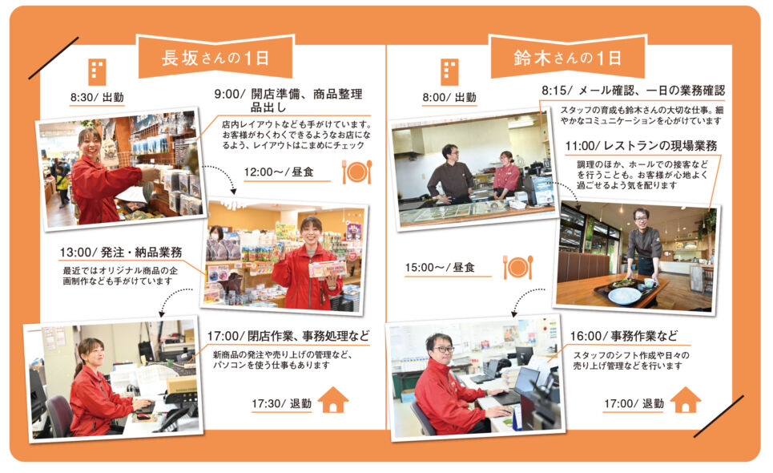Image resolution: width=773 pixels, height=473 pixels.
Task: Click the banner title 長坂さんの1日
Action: (215, 59)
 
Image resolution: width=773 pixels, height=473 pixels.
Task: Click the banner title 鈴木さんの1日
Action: (567, 59)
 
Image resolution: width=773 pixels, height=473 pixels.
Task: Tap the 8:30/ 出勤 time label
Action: (97, 97)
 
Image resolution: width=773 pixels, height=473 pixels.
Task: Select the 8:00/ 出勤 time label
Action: (449, 97)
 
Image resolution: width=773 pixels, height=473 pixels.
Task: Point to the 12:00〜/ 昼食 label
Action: (279, 172)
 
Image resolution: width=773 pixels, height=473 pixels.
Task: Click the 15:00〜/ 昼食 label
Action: (440, 267)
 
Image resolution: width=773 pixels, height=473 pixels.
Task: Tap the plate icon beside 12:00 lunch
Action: (357, 172)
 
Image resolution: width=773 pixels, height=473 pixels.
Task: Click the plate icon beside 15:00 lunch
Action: (518, 267)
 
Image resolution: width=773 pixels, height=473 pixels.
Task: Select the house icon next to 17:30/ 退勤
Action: (333, 399)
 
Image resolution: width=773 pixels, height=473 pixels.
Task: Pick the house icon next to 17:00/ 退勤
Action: (685, 399)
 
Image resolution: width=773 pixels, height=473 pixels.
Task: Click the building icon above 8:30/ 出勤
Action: (97, 72)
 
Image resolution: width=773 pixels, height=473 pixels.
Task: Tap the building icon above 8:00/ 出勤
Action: (449, 72)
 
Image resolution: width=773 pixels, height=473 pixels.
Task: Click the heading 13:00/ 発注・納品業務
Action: (121, 253)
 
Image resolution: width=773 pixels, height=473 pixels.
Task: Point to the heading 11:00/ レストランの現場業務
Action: (641, 146)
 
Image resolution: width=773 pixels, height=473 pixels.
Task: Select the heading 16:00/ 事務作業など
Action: (624, 337)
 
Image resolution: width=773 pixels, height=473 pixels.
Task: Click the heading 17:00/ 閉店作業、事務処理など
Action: (288, 337)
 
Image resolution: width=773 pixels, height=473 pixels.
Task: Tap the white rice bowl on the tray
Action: (624, 297)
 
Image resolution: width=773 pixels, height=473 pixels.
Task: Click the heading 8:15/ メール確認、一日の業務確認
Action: (634, 91)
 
